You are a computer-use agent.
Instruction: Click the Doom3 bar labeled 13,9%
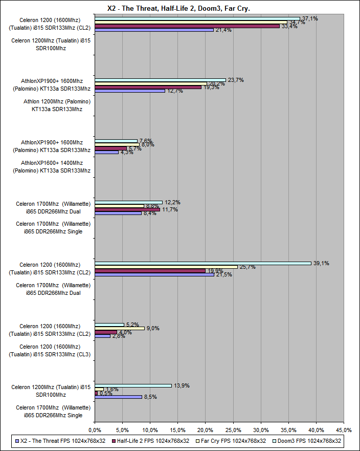(x=133, y=385)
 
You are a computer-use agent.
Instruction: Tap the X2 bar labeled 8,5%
(x=118, y=397)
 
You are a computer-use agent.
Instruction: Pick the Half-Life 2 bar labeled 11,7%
(x=127, y=209)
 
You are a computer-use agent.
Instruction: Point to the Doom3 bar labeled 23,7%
(x=160, y=80)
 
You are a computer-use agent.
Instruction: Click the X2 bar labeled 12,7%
(x=130, y=91)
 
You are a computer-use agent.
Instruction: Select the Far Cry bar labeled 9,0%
(x=120, y=328)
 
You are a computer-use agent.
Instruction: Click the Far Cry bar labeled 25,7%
(x=166, y=267)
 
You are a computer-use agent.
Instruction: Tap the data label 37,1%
(x=310, y=18)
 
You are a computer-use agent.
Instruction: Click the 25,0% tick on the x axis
(x=233, y=429)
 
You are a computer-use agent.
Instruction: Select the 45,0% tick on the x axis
(x=344, y=429)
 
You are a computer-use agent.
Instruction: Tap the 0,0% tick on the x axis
(x=95, y=429)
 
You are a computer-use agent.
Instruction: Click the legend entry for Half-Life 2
(x=153, y=440)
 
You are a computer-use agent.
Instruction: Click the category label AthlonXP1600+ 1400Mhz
(x=52, y=166)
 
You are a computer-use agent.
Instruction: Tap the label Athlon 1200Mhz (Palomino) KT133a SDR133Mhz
(x=57, y=105)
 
